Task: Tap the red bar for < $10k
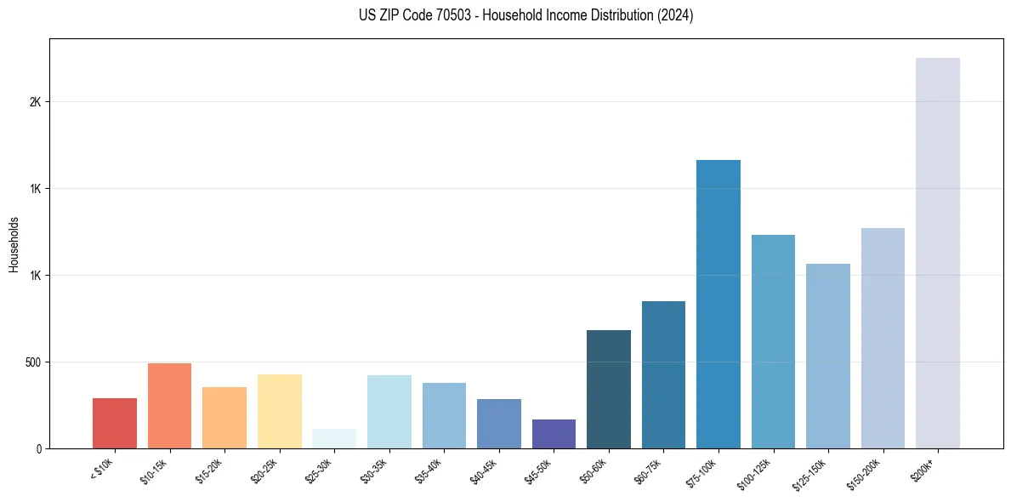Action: click(x=115, y=423)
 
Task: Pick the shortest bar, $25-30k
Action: click(x=334, y=439)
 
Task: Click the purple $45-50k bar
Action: click(x=554, y=434)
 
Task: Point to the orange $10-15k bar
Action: click(x=169, y=406)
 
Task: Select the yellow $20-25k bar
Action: click(x=280, y=411)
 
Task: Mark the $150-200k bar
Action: click(x=883, y=338)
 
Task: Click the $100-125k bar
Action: click(x=773, y=341)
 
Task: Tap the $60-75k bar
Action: click(x=663, y=374)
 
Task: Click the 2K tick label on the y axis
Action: click(x=35, y=102)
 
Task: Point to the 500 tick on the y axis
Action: click(x=32, y=362)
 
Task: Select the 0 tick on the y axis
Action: click(x=38, y=449)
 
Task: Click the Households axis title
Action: click(x=14, y=244)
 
